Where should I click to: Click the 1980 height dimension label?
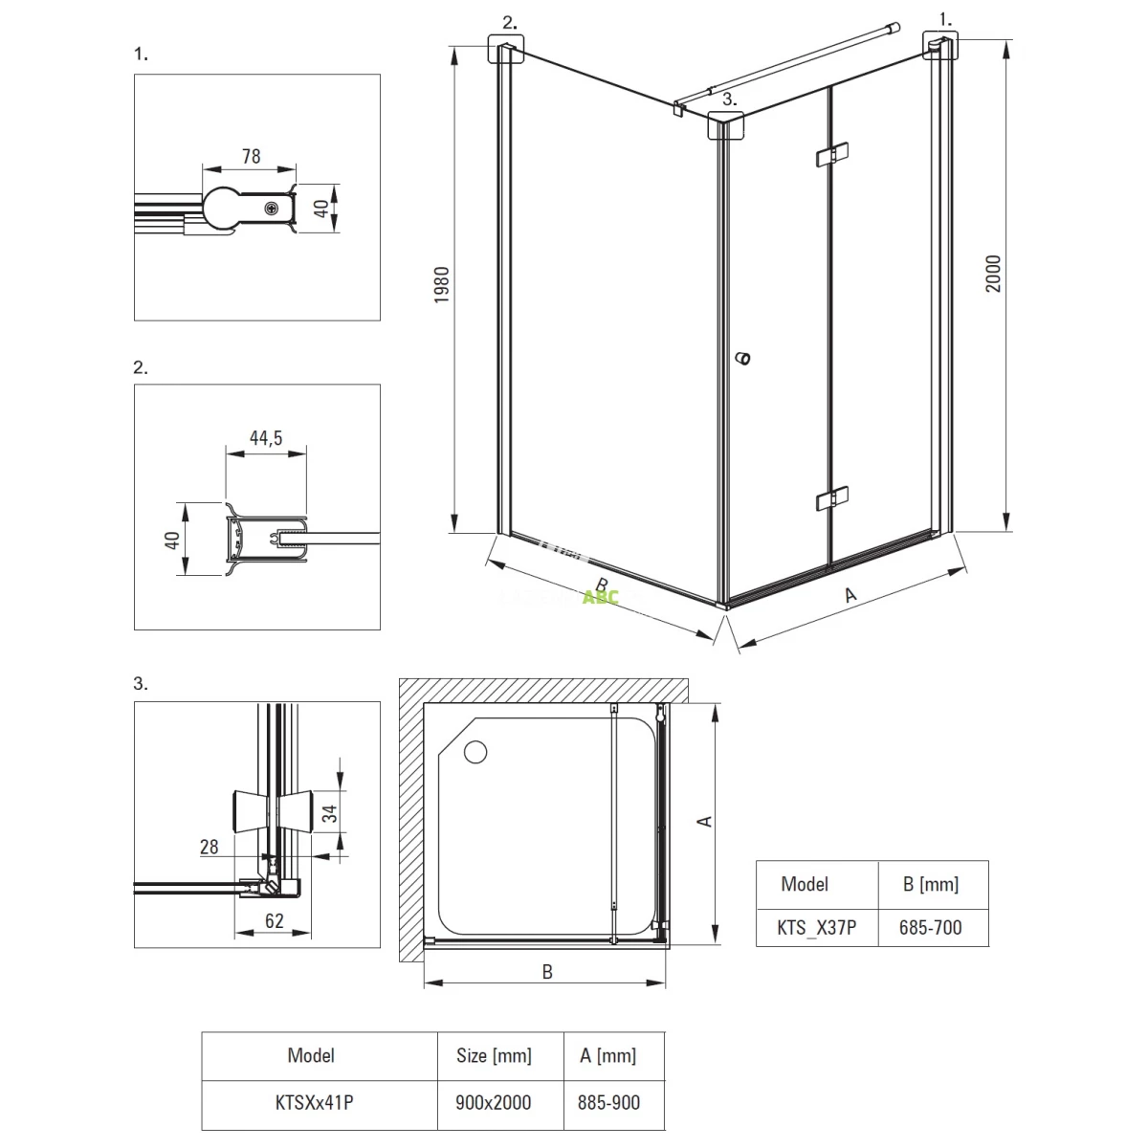(442, 286)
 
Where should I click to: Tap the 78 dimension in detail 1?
(251, 155)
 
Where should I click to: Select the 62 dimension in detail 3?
(274, 922)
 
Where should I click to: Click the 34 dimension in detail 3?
(328, 813)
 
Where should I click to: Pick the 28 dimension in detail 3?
(209, 848)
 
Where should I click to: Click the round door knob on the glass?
(742, 359)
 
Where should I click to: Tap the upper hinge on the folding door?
(830, 155)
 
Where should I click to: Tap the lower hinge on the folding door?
(830, 498)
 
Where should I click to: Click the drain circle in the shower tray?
(475, 752)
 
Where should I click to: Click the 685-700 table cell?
(931, 927)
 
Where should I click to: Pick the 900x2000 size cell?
(494, 1103)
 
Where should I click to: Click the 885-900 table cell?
(608, 1103)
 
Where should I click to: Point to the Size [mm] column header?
(494, 1056)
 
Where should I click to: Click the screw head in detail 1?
(274, 207)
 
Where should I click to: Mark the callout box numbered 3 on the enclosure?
(725, 125)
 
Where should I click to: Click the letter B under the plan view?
(547, 972)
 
